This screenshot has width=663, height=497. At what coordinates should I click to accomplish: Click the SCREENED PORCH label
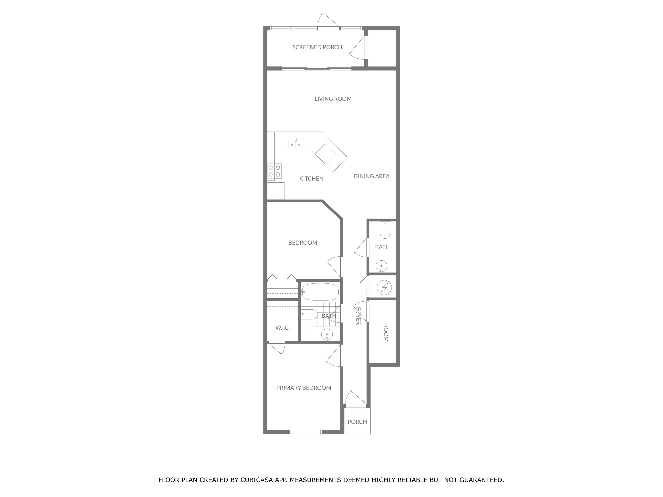[317, 47]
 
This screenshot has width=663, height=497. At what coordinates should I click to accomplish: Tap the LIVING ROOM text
[333, 99]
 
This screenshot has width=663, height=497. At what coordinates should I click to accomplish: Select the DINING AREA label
[371, 176]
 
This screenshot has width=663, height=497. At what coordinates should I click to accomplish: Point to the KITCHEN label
[311, 179]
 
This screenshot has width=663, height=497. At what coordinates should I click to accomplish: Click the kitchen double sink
[295, 144]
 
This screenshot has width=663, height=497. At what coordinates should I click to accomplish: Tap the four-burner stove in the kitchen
[275, 171]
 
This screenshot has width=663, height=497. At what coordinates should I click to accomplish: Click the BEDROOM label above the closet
[303, 243]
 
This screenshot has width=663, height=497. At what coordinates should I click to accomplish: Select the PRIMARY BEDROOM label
[304, 388]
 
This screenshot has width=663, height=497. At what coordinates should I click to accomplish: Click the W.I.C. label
[283, 328]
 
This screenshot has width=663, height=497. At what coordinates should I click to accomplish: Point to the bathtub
[320, 292]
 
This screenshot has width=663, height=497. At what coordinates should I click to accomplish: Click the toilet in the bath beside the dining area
[385, 230]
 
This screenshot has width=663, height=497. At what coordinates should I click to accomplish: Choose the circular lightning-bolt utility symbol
[384, 288]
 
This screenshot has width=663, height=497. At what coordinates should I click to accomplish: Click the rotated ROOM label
[386, 333]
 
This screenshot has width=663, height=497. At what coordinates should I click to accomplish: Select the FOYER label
[358, 316]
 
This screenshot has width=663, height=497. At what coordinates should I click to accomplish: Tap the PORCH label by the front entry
[357, 422]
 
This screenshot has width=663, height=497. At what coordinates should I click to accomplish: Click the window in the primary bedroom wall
[306, 432]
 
